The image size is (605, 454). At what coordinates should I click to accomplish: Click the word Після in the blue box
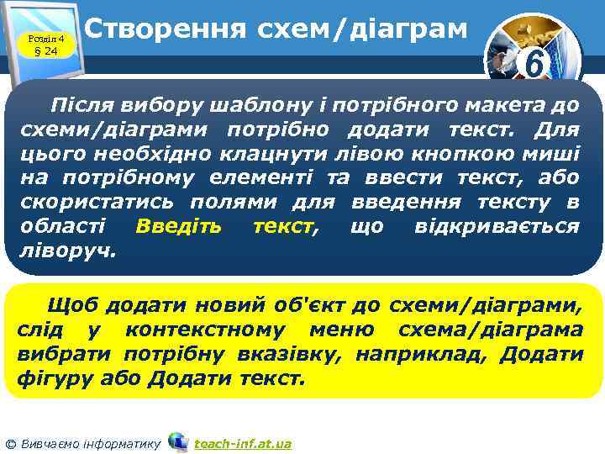[79, 106]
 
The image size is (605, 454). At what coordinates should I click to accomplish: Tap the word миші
[551, 155]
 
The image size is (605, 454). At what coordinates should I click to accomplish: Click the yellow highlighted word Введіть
[179, 227]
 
